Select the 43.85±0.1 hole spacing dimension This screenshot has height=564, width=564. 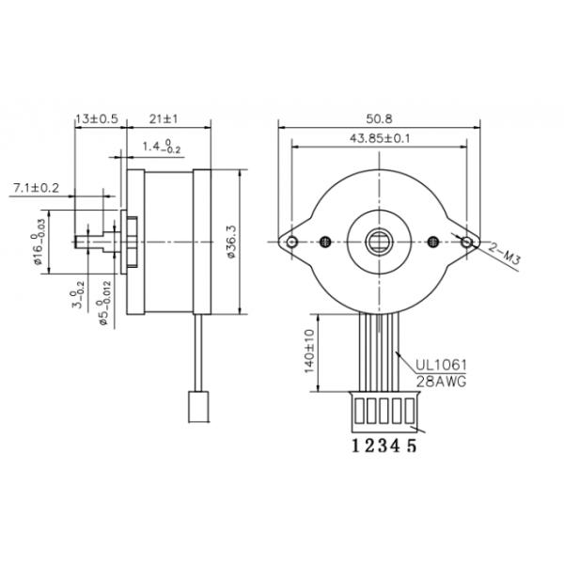point(381,138)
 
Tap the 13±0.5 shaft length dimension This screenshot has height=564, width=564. point(97,119)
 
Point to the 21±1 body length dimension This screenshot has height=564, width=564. point(165,119)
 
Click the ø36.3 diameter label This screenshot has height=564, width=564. point(231,243)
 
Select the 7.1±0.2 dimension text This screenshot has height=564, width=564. point(37,188)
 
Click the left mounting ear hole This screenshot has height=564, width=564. point(292,243)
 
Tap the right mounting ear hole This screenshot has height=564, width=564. point(467,243)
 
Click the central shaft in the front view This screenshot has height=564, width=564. point(381,243)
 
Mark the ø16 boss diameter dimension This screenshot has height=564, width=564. point(39,243)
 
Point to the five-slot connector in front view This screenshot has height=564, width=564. point(381,409)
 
